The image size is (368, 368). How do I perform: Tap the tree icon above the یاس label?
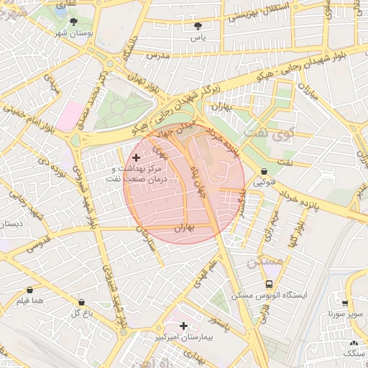pyautogui.click(x=197, y=26)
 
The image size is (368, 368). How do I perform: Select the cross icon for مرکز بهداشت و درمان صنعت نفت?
pyautogui.click(x=136, y=157)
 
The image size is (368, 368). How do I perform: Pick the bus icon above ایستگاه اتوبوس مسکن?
pyautogui.click(x=269, y=285)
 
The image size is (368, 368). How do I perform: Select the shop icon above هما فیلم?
pyautogui.click(x=32, y=289)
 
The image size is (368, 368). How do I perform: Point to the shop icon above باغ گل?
pyautogui.click(x=79, y=303)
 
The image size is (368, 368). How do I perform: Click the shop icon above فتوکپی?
pyautogui.click(x=267, y=172)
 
